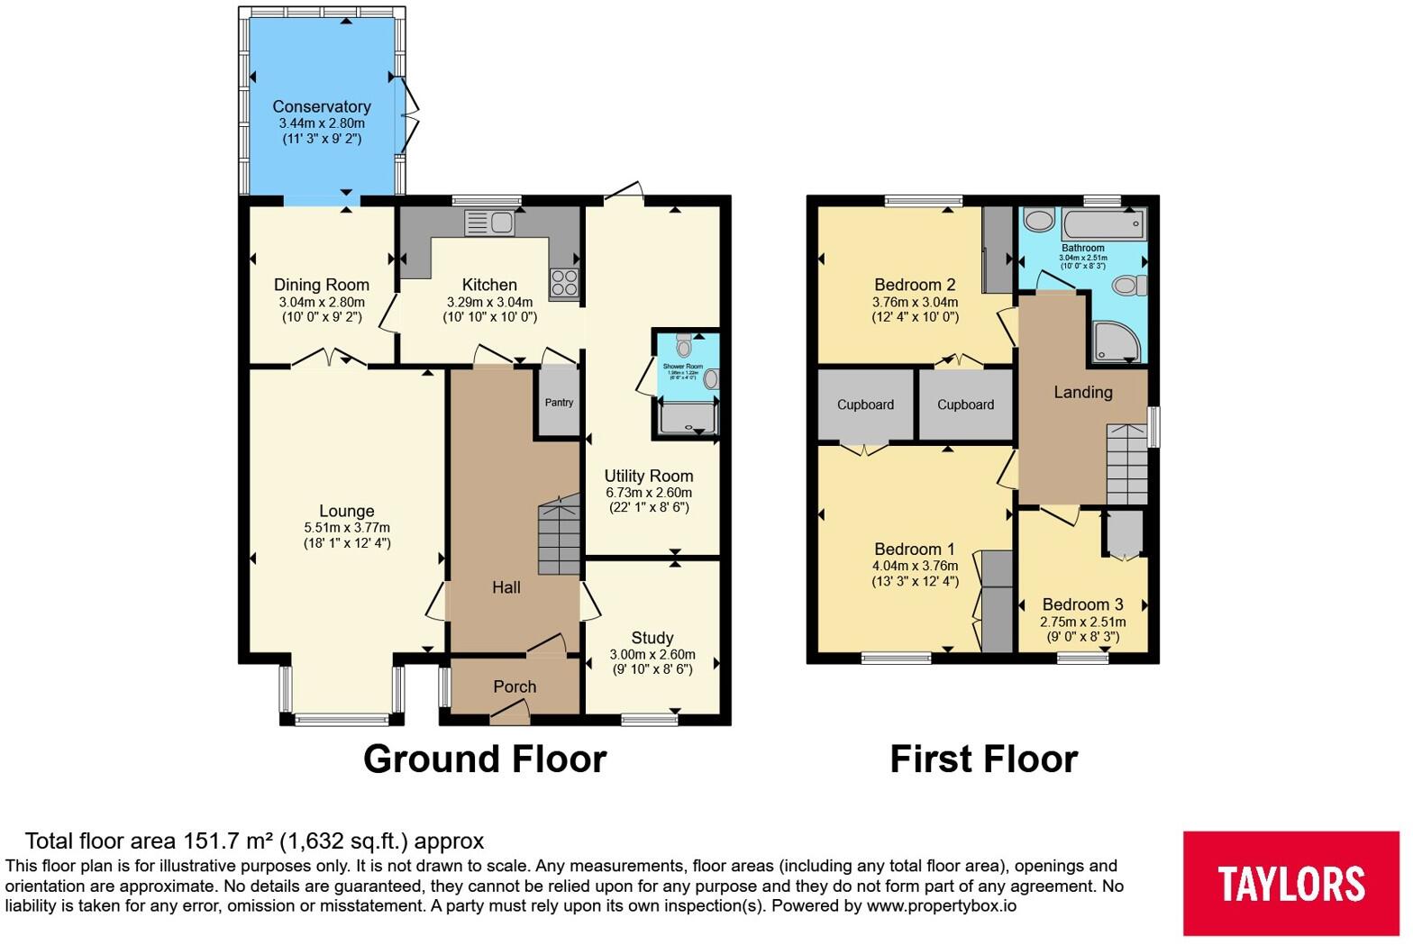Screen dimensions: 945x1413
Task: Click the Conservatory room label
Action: click(322, 106)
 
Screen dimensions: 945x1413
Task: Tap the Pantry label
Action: click(559, 403)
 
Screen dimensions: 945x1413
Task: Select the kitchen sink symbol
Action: click(488, 222)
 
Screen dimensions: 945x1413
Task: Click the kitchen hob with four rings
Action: click(564, 283)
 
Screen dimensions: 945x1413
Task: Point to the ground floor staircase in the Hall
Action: click(559, 538)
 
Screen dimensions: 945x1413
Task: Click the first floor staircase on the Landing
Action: click(1126, 464)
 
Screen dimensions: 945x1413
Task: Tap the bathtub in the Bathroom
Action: click(1102, 223)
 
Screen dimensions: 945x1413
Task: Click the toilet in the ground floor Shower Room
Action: click(683, 344)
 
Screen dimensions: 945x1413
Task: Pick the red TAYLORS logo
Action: click(1290, 883)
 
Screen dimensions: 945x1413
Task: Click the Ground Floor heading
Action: click(485, 759)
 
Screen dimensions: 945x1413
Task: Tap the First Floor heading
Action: click(983, 759)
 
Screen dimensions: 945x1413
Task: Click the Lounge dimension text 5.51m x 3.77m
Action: click(347, 528)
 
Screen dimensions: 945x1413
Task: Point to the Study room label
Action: click(652, 638)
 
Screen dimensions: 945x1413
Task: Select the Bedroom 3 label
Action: click(1082, 604)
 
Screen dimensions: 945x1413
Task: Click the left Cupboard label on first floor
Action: click(865, 404)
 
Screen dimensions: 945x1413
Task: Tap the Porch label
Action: click(515, 686)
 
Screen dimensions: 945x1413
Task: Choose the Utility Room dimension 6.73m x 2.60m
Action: click(649, 493)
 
